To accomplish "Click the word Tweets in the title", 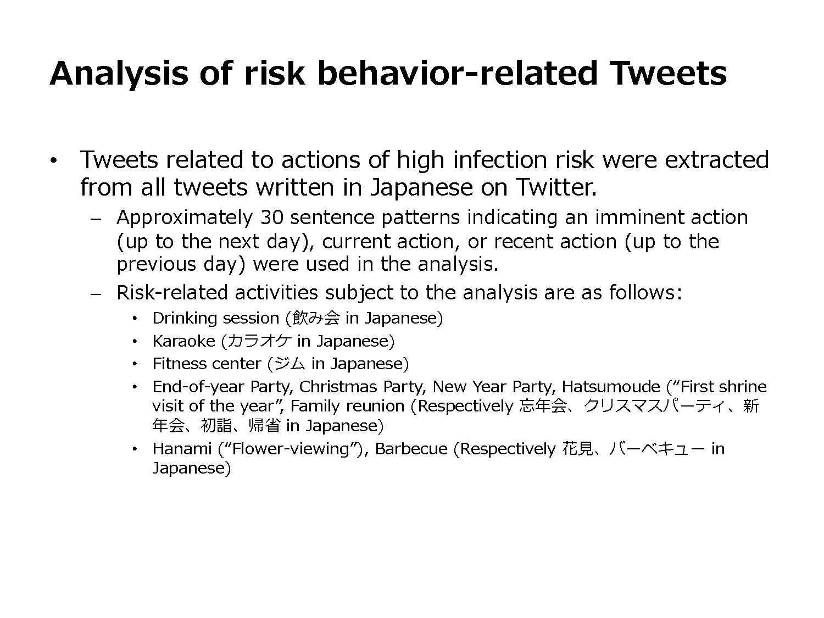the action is tap(668, 73).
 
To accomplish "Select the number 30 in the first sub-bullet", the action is tap(272, 217).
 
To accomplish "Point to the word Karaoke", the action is tap(183, 341).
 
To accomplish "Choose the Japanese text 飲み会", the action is tap(316, 318).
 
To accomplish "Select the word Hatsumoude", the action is tap(611, 387).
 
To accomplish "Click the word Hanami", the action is tap(182, 449).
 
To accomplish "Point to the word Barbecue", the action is tap(411, 449).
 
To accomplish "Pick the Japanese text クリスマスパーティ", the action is tap(654, 406).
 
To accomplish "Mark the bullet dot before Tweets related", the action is tap(54, 160).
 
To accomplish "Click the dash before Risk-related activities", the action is tap(96, 294).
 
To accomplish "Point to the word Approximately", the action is tap(185, 218).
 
